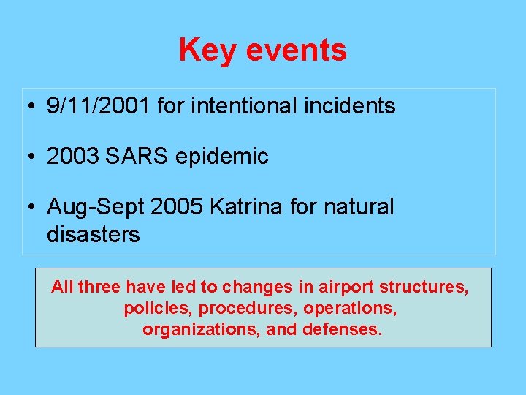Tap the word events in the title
pyautogui.click(x=297, y=50)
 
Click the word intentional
pyautogui.click(x=242, y=106)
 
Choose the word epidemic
pyautogui.click(x=221, y=157)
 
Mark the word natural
pyautogui.click(x=359, y=207)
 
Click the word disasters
pyautogui.click(x=93, y=235)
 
